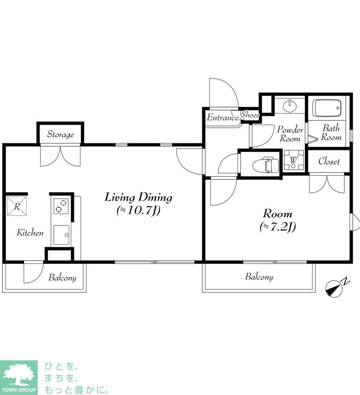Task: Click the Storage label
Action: pos(60,134)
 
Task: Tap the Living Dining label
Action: pos(138,197)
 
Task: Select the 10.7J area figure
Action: pos(138,210)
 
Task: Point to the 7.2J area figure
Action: pos(278,227)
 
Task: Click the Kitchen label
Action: pos(30,233)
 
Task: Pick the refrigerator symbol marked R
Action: pos(17,206)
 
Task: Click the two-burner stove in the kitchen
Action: pos(61,206)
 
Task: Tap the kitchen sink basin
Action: pos(61,235)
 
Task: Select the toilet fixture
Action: pos(266,165)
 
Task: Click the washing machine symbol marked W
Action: pos(294,160)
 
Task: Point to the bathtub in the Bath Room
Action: pos(327,108)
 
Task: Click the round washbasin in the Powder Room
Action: pos(290,106)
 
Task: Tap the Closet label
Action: pos(329,161)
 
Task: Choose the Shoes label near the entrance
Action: pos(250,114)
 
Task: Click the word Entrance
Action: pos(223,117)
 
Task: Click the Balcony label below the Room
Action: pos(259,276)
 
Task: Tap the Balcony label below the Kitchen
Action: pos(62,277)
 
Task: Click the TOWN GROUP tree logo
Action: pos(18,377)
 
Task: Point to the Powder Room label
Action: pos(290,134)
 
